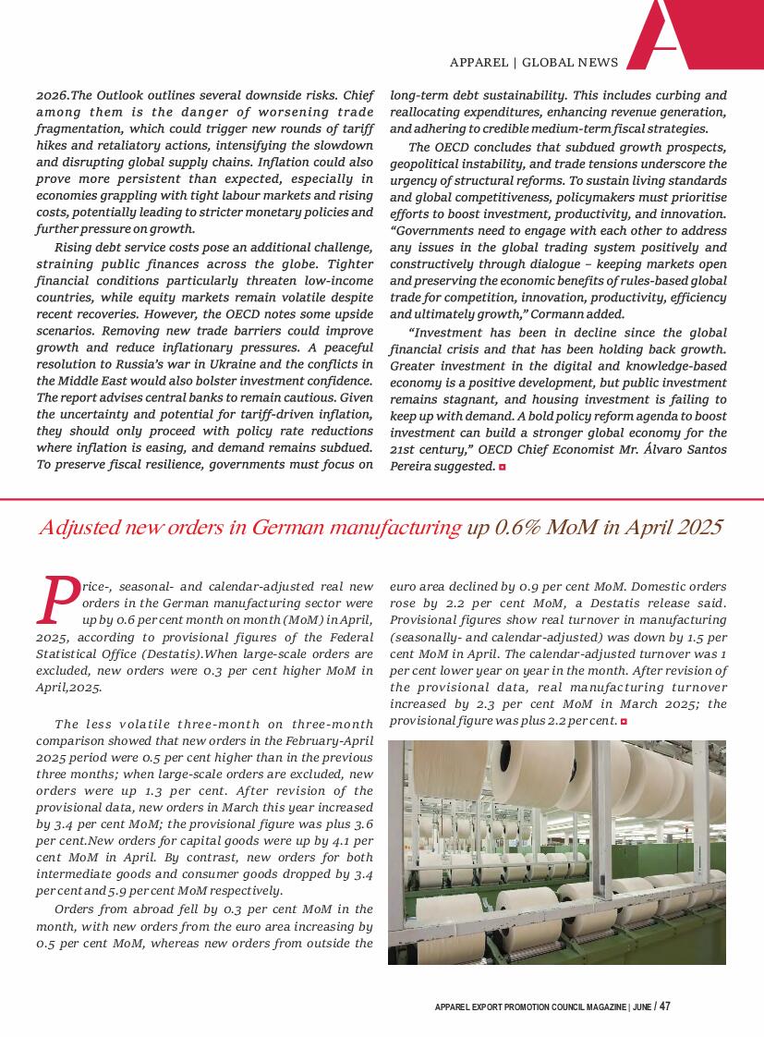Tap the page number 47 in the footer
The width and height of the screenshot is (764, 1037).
tap(665, 1006)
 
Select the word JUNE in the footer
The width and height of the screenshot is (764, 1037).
tap(642, 1007)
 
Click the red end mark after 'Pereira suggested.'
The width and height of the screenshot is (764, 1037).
tap(503, 467)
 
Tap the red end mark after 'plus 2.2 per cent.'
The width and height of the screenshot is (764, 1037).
tap(625, 721)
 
